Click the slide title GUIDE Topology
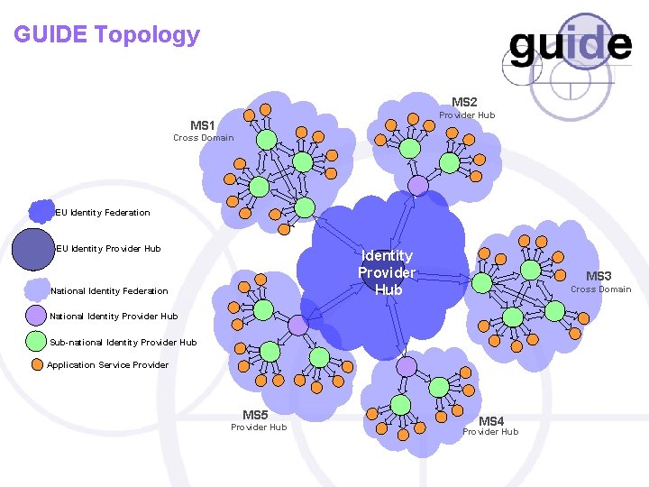(x=106, y=35)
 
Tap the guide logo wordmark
(x=570, y=45)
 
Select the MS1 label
(x=203, y=125)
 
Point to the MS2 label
(x=464, y=102)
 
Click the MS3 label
(x=599, y=276)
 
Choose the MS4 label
(x=490, y=421)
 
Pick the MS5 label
(x=255, y=415)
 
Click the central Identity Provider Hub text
(x=388, y=272)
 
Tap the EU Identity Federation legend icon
(x=41, y=212)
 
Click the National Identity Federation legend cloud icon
(x=37, y=290)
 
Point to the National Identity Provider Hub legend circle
(x=35, y=316)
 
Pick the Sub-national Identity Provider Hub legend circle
(x=36, y=342)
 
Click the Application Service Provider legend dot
(x=37, y=365)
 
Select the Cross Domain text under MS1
(x=203, y=138)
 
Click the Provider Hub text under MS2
(x=467, y=115)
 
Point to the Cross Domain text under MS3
(x=600, y=289)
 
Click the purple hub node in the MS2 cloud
(x=418, y=185)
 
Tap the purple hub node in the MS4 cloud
(x=407, y=367)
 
